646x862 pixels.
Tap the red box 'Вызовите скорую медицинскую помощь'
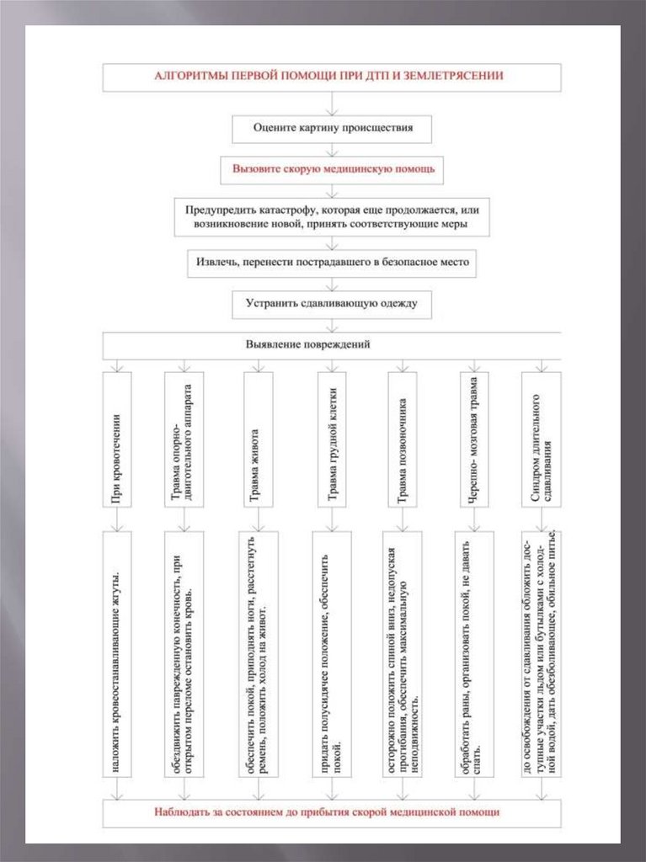pyautogui.click(x=333, y=168)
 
